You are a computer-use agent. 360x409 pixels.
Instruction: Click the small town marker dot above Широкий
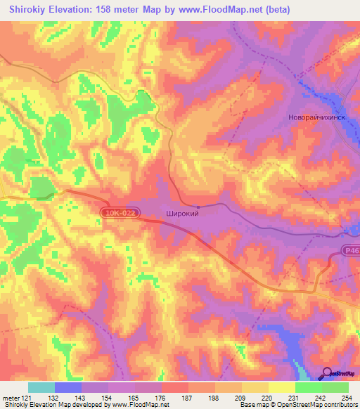198,206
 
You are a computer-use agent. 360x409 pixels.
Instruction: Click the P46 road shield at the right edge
352,249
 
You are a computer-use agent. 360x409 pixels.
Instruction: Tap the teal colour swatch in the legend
41,387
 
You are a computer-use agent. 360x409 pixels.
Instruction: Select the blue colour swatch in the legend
68,387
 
